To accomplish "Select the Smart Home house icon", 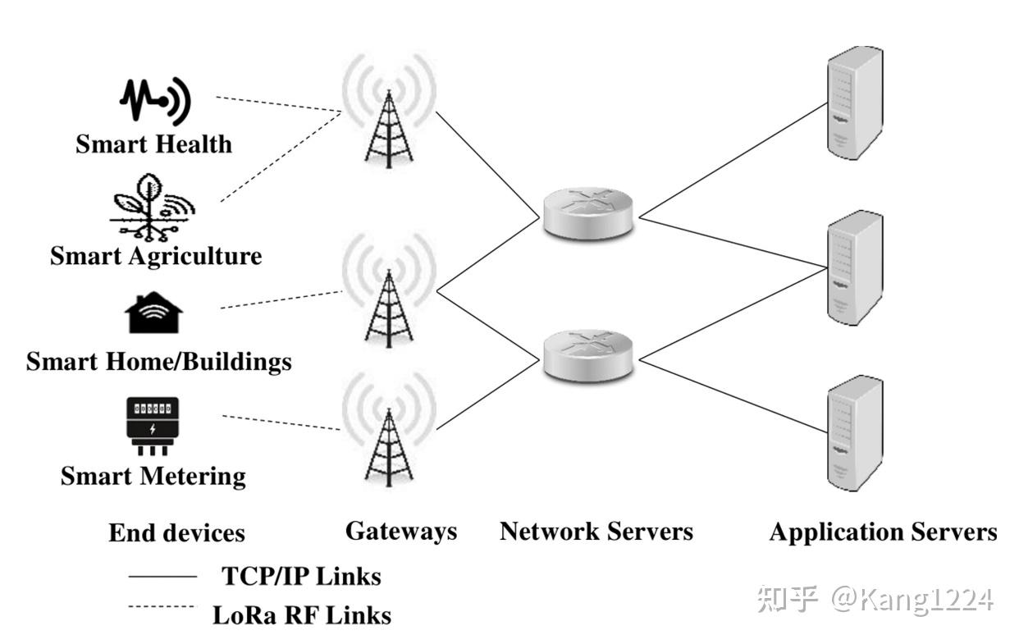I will coord(153,313).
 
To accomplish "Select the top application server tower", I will coord(854,103).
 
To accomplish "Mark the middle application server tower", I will coord(854,267).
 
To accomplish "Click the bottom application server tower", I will coord(854,432).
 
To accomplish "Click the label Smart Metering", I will coord(153,477).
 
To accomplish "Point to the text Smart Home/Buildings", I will coord(158,362).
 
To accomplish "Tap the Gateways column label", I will coord(400,531).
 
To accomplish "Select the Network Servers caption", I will coord(596,532).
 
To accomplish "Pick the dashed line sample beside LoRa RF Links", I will coord(162,607).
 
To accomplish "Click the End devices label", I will coord(176,533).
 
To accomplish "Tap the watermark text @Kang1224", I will coord(911,599).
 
